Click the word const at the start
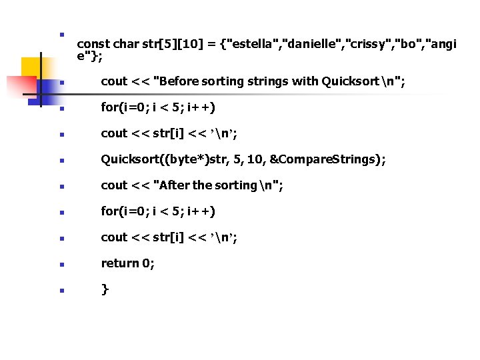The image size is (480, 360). [x=94, y=45]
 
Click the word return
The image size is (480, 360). [x=121, y=263]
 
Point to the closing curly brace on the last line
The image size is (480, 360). [x=105, y=289]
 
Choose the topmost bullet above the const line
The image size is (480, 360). [x=61, y=33]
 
